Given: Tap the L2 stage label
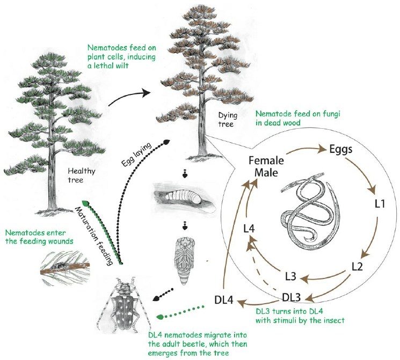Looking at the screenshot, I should [x=359, y=265].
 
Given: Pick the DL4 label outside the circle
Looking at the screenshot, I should [x=224, y=300].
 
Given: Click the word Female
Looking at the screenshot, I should [x=265, y=159].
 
